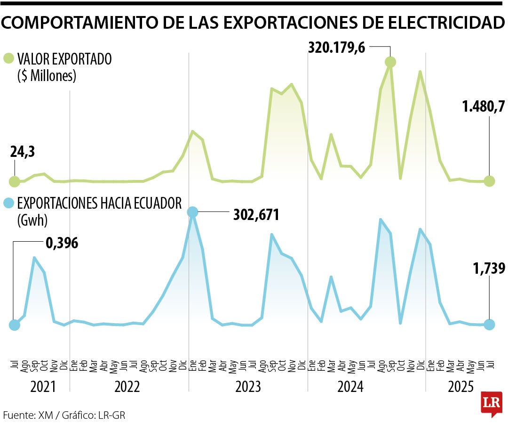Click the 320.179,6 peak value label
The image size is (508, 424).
(337, 47)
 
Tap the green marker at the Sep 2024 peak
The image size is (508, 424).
(390, 62)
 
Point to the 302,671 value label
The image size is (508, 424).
(256, 215)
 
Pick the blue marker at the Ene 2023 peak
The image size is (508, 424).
(192, 212)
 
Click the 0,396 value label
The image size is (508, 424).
(62, 243)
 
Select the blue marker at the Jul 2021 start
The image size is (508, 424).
(15, 325)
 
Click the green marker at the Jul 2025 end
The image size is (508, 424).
(490, 181)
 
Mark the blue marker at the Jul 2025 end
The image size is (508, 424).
(490, 324)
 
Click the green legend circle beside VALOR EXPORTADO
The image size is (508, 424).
(8, 59)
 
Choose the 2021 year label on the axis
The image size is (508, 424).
(43, 387)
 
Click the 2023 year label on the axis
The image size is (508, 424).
(248, 387)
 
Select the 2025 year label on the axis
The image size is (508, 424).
(460, 387)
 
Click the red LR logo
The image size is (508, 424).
(491, 404)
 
